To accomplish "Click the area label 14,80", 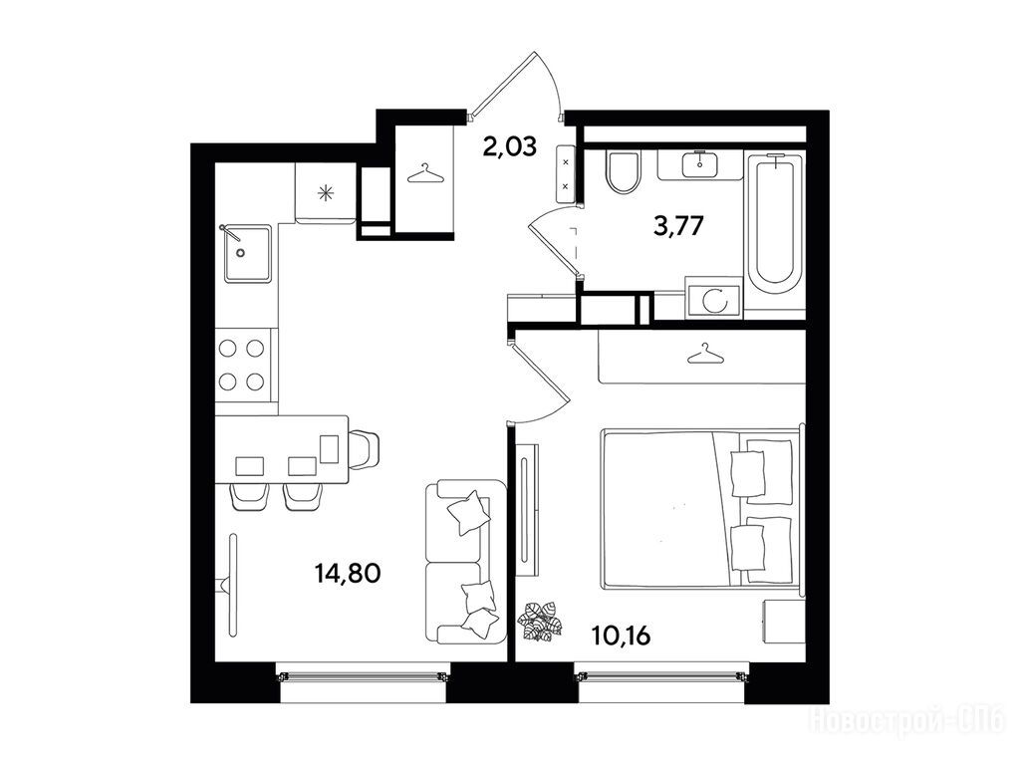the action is (x=347, y=574).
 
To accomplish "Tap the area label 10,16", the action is (x=622, y=636).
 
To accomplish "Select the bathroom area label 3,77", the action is (x=678, y=226).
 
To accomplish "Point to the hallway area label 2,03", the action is (x=509, y=146).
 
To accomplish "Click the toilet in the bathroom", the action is (x=623, y=171).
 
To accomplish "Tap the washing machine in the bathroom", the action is (x=713, y=299).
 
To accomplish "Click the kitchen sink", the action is (x=247, y=254).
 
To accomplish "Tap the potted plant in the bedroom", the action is (x=539, y=622).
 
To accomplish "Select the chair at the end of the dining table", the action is (x=364, y=449).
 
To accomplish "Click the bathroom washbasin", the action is (x=700, y=164).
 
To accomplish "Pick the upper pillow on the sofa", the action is (x=468, y=512).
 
